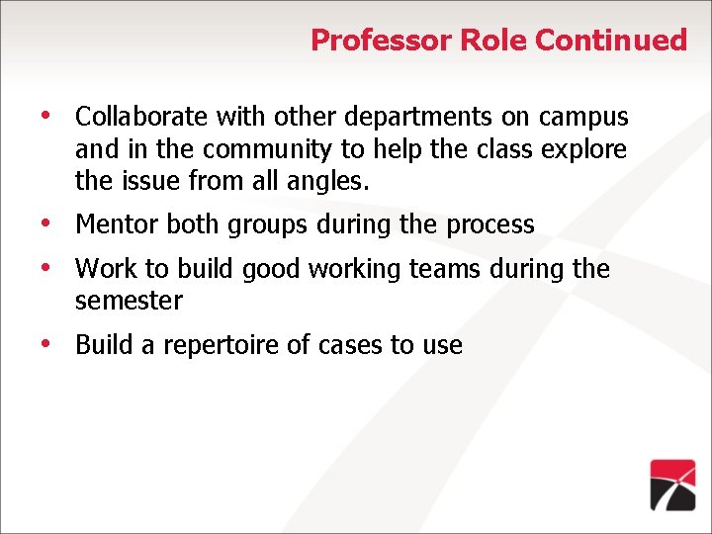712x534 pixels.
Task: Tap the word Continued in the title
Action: click(x=611, y=41)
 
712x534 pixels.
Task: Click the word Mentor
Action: click(x=117, y=224)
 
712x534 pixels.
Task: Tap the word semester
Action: click(x=130, y=301)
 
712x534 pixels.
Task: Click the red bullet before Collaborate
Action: click(x=45, y=115)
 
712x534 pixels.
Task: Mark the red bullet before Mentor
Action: click(x=45, y=222)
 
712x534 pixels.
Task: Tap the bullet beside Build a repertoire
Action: click(x=45, y=343)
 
